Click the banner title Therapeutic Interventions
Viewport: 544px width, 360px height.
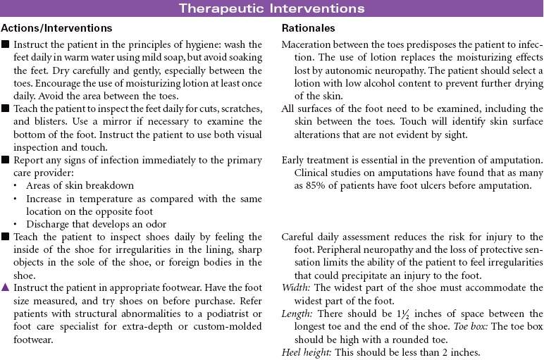(271, 8)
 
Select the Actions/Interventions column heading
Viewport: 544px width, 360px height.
(57, 28)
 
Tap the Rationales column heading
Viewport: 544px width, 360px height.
(308, 28)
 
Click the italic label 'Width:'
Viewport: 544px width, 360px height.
(294, 287)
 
